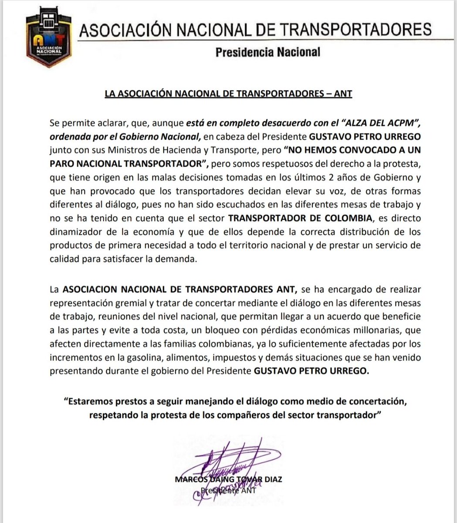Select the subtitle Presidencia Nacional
268,52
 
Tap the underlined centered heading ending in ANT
228,94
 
